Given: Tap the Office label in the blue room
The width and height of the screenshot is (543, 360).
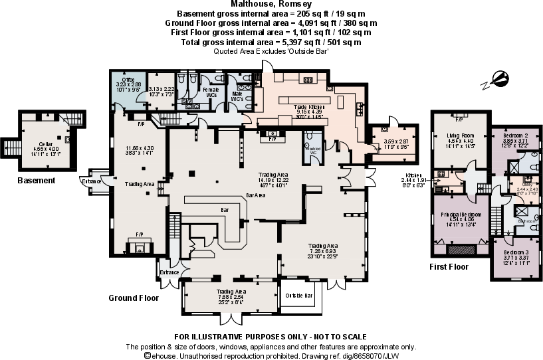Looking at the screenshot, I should click(128, 80).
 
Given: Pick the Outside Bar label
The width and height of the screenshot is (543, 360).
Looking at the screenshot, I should click(298, 295).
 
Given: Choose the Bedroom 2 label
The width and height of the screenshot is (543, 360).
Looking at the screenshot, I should click(515, 135).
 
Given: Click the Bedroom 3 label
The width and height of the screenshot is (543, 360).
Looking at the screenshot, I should click(515, 252).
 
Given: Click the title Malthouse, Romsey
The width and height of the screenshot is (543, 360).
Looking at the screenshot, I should click(271, 5).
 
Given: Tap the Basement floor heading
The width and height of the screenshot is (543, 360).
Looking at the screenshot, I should click(36, 180).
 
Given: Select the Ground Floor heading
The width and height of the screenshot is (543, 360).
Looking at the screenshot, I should click(134, 298).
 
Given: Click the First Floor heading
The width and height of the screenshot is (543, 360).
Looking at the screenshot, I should click(449, 267).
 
